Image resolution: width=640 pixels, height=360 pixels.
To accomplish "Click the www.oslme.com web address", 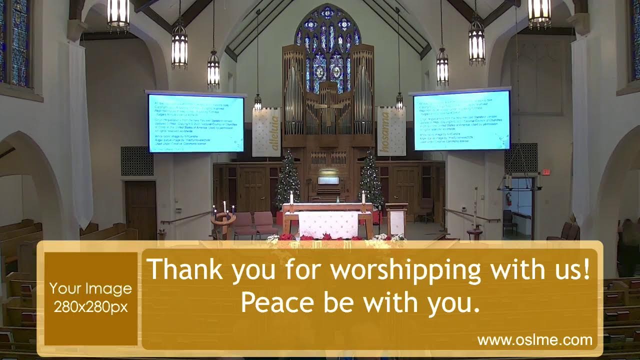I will click(x=534, y=340).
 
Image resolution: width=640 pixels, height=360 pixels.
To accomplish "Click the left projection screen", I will click(x=196, y=123).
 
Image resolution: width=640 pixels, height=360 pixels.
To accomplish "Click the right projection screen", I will click(x=461, y=120).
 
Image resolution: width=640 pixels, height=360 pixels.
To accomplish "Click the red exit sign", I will click(x=546, y=172).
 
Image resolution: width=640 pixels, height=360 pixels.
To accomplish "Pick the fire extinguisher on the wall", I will click(x=508, y=198).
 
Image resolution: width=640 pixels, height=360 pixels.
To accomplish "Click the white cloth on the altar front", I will click(x=328, y=224).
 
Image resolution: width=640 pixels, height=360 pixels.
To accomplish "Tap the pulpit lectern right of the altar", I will click(x=396, y=218).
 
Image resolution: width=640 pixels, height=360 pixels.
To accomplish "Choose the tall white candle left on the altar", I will click(x=291, y=197).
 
